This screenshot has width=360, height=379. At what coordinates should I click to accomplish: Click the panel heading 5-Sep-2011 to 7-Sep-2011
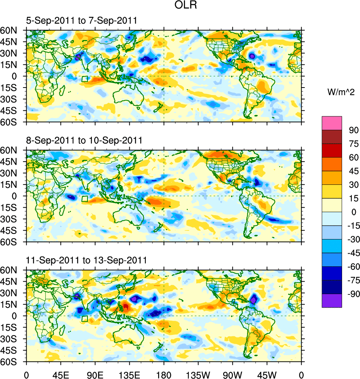(x=81, y=21)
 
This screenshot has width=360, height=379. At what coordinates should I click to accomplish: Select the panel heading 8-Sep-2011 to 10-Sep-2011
(x=84, y=141)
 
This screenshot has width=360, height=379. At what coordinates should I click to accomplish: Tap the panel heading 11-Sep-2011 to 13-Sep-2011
(x=86, y=260)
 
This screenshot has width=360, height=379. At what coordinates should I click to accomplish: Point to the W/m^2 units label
(x=340, y=92)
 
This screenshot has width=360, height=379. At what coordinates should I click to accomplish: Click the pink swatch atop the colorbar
(x=332, y=123)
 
